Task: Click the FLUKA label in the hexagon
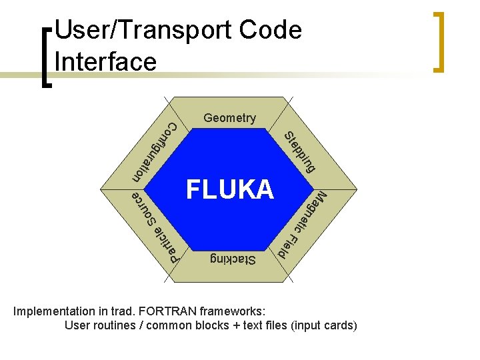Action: point(230,190)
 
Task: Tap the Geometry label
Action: point(229,118)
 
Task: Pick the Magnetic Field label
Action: point(301,225)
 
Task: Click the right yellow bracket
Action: point(439,41)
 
